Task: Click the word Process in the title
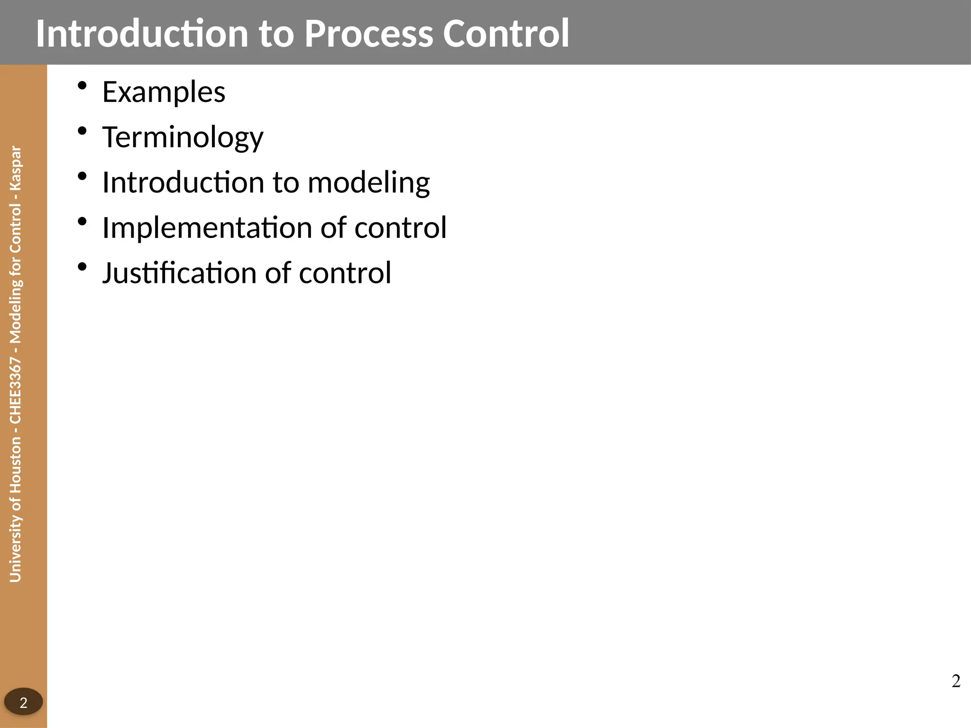point(368,34)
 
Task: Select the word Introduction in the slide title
point(142,34)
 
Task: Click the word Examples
point(164,92)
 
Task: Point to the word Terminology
point(183,137)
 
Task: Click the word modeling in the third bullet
point(368,183)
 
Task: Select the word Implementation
point(207,228)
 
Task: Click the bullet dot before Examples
point(82,86)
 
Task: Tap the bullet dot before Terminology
point(82,131)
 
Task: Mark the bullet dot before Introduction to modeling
point(82,176)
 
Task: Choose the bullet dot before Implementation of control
point(82,221)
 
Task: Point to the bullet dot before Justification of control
point(82,267)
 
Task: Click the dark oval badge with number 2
point(23,702)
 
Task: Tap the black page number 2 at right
point(956,681)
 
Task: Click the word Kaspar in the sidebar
point(16,168)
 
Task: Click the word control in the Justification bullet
point(345,273)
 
